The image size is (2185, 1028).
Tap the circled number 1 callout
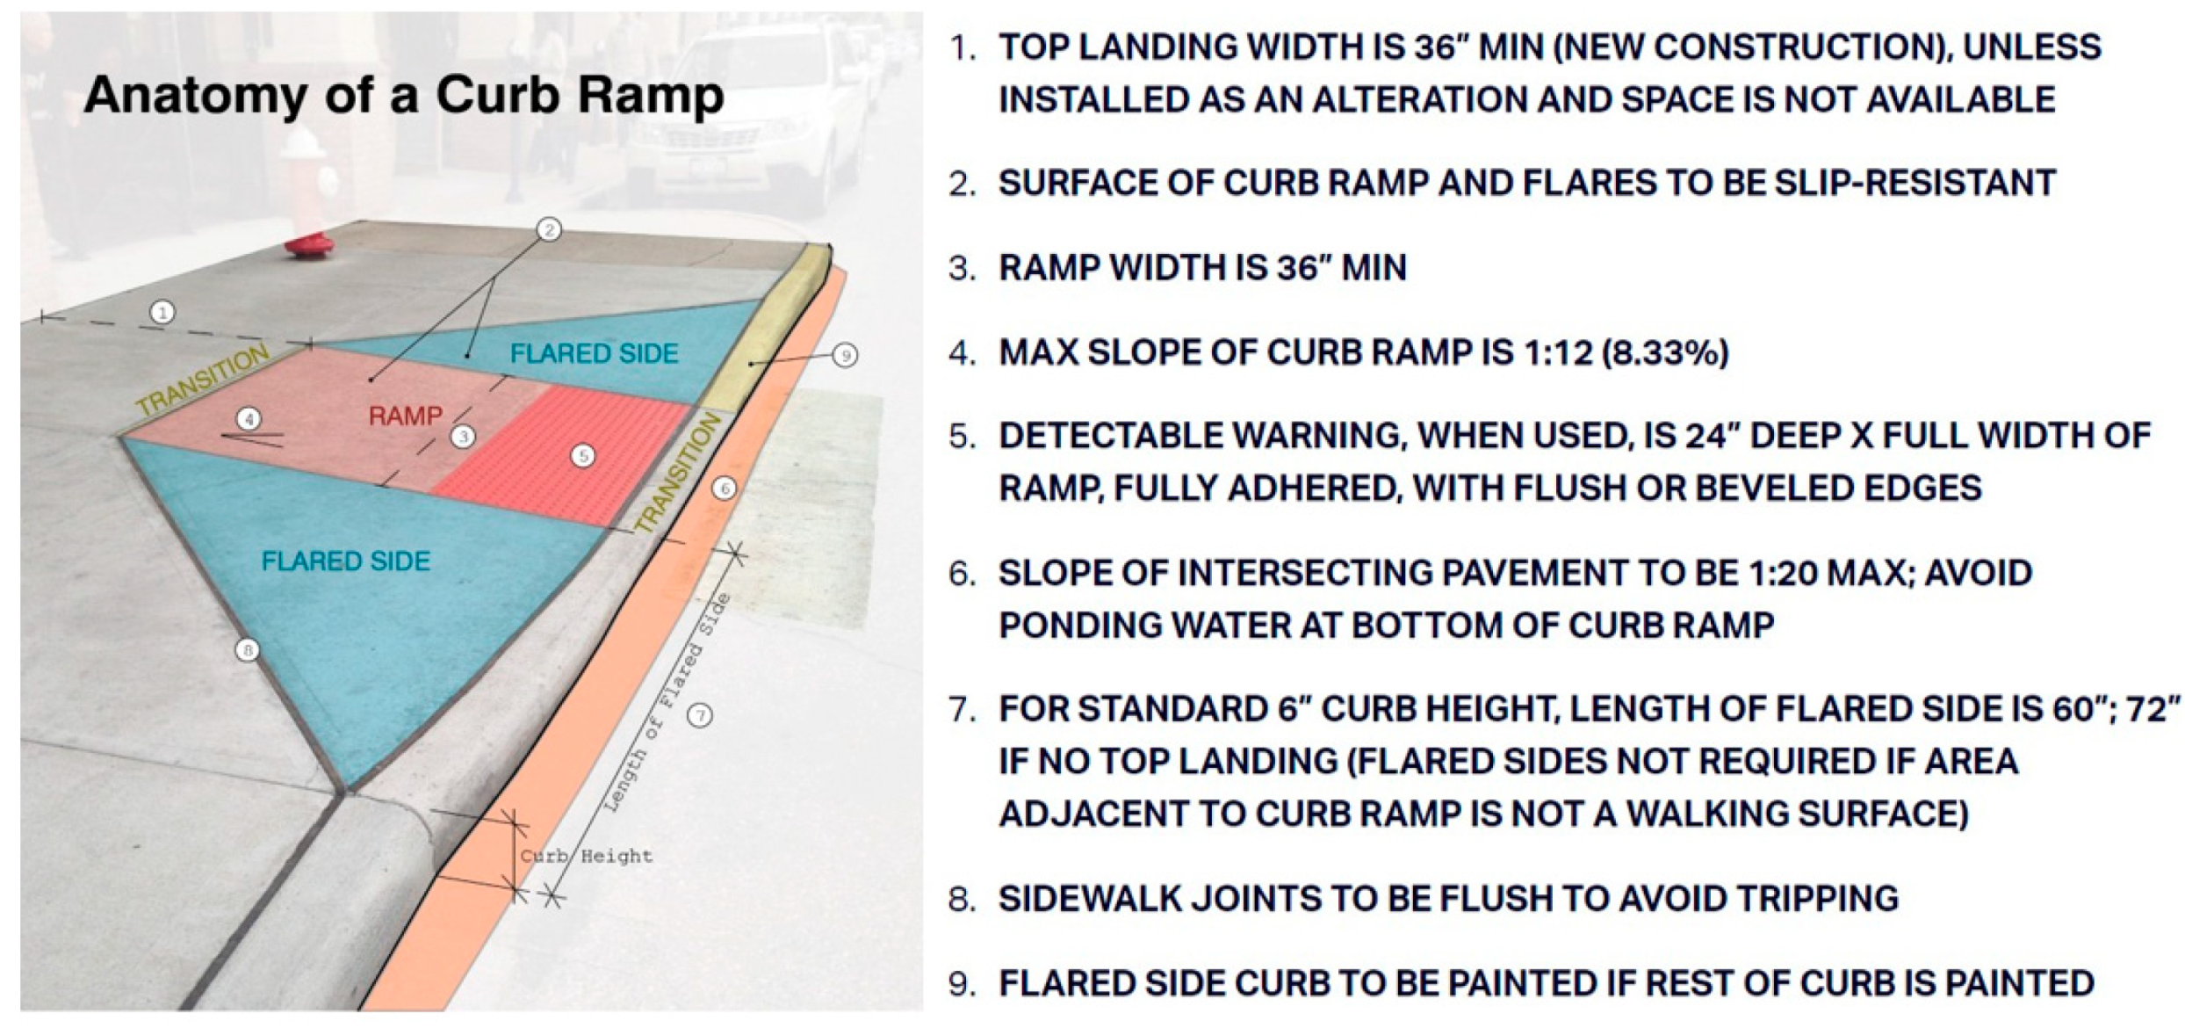pyautogui.click(x=162, y=312)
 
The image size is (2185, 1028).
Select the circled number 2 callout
pyautogui.click(x=549, y=230)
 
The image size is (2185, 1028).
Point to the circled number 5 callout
pyautogui.click(x=582, y=455)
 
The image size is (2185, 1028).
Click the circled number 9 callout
pyautogui.click(x=845, y=355)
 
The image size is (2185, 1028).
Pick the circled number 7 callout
pyautogui.click(x=700, y=715)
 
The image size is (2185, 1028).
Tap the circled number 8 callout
pyautogui.click(x=247, y=651)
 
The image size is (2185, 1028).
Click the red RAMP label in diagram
pyautogui.click(x=406, y=416)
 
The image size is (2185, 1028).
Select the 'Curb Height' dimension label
pyautogui.click(x=587, y=857)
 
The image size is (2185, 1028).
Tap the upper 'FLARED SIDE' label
pyautogui.click(x=595, y=353)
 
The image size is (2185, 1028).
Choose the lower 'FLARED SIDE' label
pyautogui.click(x=346, y=561)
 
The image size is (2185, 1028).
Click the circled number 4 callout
pyautogui.click(x=249, y=418)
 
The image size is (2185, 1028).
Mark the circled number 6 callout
pyautogui.click(x=724, y=489)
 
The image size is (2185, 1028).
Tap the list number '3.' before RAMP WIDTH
pyautogui.click(x=963, y=268)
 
